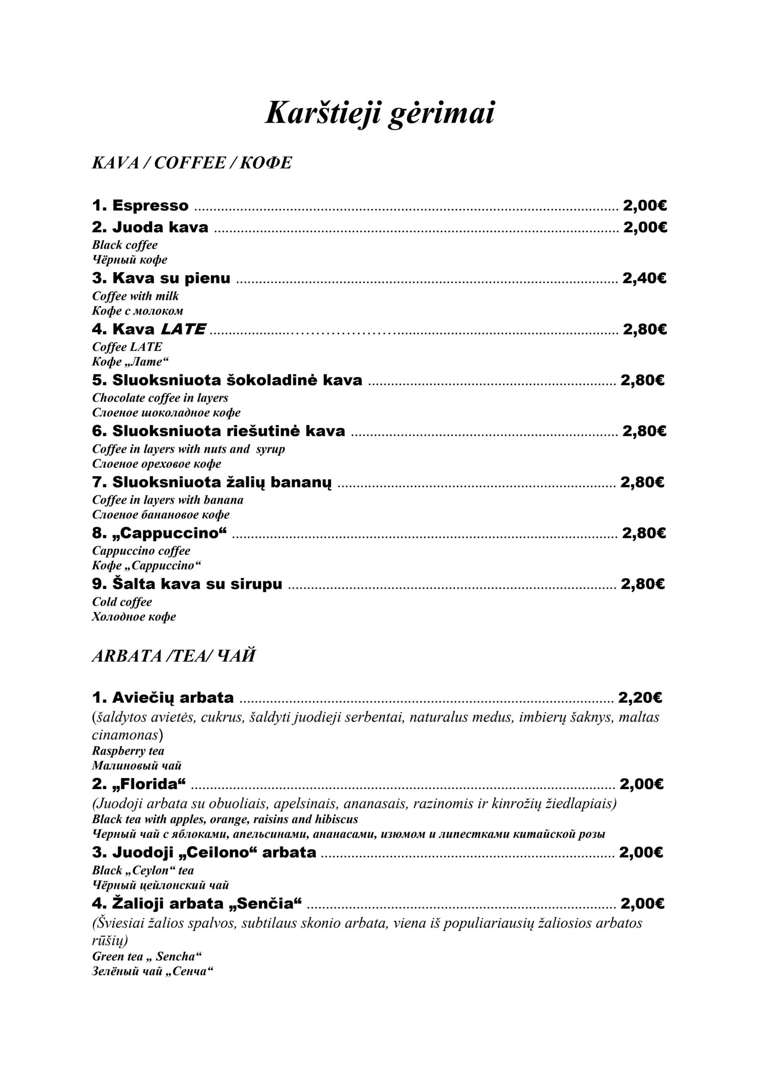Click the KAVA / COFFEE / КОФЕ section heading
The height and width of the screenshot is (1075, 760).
(x=191, y=163)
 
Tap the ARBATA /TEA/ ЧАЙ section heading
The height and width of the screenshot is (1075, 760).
(x=173, y=656)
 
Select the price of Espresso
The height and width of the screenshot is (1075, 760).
(x=645, y=205)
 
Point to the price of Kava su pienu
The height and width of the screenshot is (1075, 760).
(x=644, y=278)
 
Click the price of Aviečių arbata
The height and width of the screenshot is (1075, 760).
(x=639, y=697)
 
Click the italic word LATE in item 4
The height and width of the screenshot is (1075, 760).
(x=183, y=329)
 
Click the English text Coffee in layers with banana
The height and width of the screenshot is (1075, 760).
(x=168, y=500)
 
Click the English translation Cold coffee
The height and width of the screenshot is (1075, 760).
(x=122, y=602)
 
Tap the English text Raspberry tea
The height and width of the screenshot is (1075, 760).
(x=128, y=751)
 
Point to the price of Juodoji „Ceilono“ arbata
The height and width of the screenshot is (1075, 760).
(x=641, y=852)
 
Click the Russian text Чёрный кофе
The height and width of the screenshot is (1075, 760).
(x=129, y=260)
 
